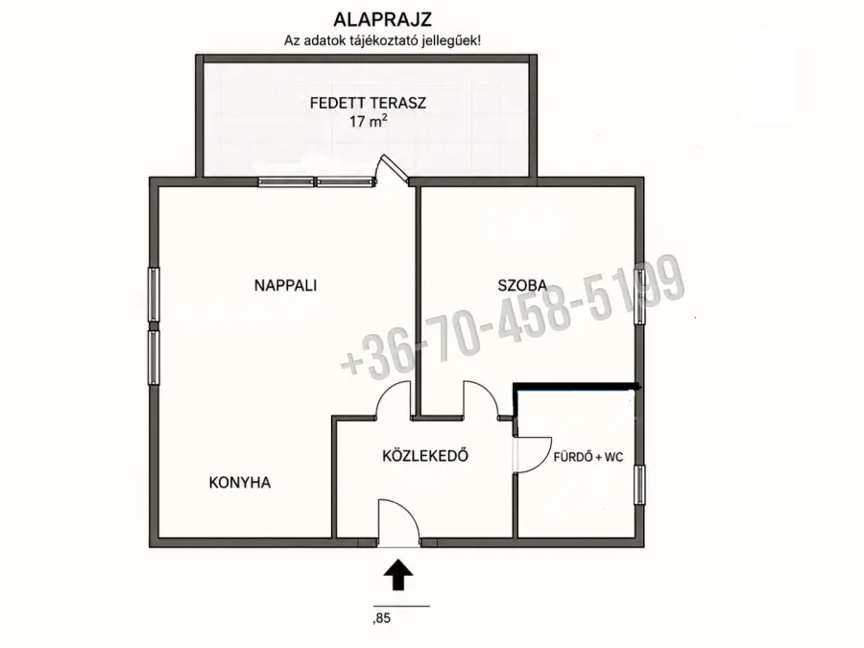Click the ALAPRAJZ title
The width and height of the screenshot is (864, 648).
pyautogui.click(x=382, y=20)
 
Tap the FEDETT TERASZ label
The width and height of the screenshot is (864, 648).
pyautogui.click(x=368, y=103)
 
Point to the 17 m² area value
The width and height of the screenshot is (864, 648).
pyautogui.click(x=368, y=121)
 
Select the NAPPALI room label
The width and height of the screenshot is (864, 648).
pyautogui.click(x=285, y=285)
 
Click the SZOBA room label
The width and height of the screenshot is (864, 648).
pyautogui.click(x=522, y=285)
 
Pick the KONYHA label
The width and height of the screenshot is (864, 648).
pyautogui.click(x=240, y=483)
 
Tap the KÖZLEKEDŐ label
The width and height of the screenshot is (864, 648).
pyautogui.click(x=425, y=456)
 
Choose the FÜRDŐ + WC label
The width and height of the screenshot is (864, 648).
pyautogui.click(x=588, y=457)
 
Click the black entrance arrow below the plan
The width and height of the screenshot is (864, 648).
pyautogui.click(x=398, y=575)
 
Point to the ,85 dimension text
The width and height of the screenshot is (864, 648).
pyautogui.click(x=382, y=618)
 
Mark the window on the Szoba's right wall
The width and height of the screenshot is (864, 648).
pyautogui.click(x=639, y=297)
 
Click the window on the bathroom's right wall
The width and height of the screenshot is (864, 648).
pyautogui.click(x=639, y=485)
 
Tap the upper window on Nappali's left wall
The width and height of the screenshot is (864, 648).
pyautogui.click(x=154, y=295)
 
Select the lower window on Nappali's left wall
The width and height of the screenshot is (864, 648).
pyautogui.click(x=154, y=357)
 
